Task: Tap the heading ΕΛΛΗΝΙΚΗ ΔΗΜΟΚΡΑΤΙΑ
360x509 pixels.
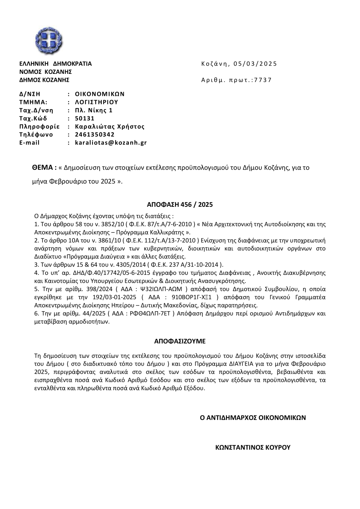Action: [x=55, y=64]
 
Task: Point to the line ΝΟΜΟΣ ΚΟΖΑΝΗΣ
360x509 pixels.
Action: [x=45, y=72]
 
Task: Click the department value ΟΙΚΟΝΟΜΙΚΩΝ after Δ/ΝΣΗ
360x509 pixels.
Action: [x=100, y=94]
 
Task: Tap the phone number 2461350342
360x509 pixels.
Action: [x=95, y=134]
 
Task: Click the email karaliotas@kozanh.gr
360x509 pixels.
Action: [x=111, y=143]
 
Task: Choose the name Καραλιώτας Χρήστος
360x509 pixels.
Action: [x=110, y=126]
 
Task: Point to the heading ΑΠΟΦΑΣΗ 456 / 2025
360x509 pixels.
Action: [x=180, y=205]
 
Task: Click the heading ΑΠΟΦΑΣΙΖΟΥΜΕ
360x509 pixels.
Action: [x=180, y=340]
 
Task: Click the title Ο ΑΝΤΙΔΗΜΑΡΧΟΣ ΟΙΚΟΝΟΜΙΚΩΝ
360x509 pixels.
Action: [x=253, y=418]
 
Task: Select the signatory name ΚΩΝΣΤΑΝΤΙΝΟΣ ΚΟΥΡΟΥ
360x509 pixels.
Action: [x=253, y=447]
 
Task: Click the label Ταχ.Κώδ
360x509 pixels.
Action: [x=33, y=118]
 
